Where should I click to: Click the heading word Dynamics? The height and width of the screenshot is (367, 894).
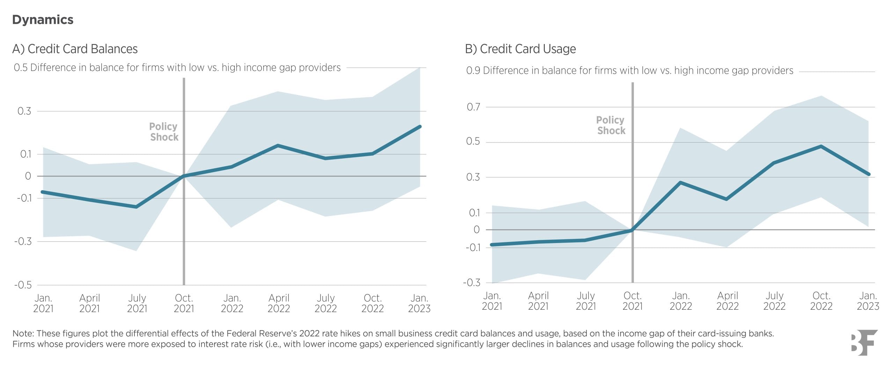(43, 20)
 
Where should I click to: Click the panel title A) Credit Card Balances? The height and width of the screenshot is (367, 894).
(75, 49)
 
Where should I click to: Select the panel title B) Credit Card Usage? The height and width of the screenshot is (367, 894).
(520, 49)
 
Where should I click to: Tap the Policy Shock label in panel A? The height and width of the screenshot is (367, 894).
(163, 132)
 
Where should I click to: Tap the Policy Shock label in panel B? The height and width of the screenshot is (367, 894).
(610, 125)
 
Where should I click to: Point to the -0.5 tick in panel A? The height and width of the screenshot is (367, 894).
(23, 285)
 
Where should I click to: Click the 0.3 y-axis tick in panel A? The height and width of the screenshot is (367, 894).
(24, 111)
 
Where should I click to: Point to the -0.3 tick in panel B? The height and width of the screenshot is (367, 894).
(471, 282)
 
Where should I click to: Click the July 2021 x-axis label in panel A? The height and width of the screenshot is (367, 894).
(137, 303)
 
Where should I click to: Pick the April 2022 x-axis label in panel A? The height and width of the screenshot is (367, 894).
(279, 303)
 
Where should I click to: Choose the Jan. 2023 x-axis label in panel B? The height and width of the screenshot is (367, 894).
(868, 301)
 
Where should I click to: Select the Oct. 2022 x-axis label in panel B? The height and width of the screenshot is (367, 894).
(821, 301)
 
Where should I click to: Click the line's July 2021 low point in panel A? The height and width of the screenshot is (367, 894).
(136, 207)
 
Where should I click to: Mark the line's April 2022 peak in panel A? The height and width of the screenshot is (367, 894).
(278, 145)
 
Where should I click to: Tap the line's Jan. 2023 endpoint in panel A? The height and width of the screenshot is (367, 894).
(420, 126)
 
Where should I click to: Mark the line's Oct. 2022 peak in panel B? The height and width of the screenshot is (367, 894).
(821, 146)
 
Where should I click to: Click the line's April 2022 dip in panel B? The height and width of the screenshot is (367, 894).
(727, 199)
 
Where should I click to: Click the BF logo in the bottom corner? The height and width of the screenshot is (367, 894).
(864, 342)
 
